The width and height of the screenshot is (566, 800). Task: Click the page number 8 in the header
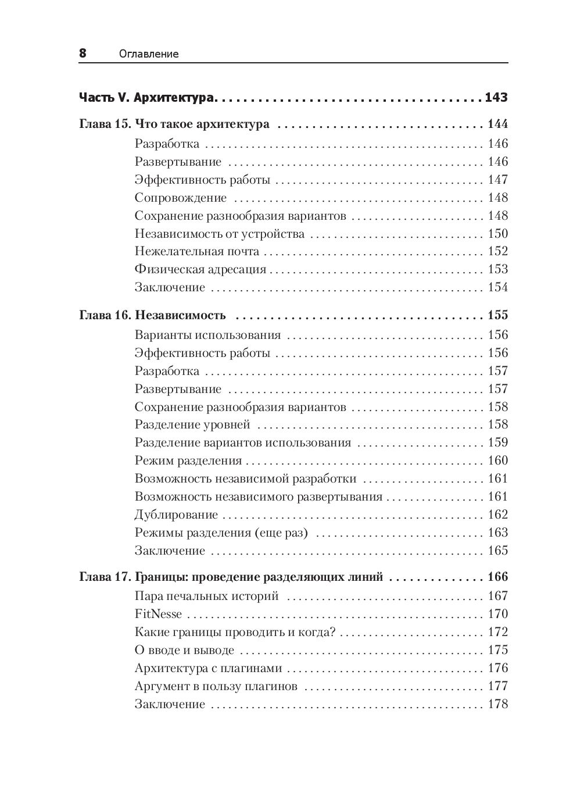83,53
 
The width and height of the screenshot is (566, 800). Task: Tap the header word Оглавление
148,54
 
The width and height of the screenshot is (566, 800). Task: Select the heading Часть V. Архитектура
147,98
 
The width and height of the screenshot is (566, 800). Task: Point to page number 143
496,98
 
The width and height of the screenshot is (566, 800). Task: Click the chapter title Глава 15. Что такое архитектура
174,124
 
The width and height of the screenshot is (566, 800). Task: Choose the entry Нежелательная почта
197,252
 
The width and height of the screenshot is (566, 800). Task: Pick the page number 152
498,252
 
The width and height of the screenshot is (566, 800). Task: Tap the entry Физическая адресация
200,270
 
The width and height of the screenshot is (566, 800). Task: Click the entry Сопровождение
181,198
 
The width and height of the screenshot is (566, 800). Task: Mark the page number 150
498,234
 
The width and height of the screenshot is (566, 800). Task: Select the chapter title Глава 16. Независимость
152,316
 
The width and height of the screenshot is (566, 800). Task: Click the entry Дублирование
176,515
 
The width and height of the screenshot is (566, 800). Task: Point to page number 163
498,533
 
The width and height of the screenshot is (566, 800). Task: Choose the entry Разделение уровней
192,425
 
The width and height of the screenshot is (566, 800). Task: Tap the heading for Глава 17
231,577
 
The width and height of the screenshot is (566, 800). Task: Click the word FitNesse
158,615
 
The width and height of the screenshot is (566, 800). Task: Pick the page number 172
498,633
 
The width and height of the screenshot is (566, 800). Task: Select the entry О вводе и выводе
184,651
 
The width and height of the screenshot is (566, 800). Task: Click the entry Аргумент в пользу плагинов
216,687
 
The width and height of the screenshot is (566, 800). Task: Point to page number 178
498,705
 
